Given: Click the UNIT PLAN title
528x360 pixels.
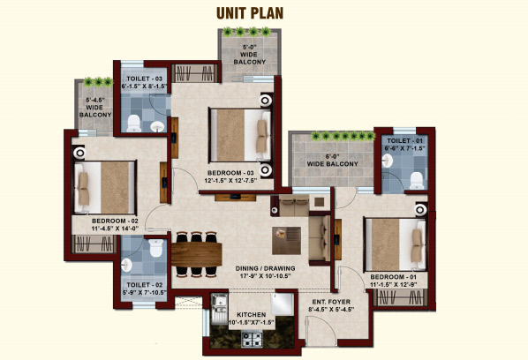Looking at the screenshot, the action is pyautogui.click(x=250, y=12).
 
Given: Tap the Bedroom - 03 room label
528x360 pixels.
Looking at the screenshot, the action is pyautogui.click(x=230, y=176).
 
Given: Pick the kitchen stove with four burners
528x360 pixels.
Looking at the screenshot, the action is pyautogui.click(x=252, y=339).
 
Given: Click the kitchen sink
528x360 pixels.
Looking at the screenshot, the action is pyautogui.click(x=219, y=309).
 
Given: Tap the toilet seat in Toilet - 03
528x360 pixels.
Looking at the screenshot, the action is pyautogui.click(x=134, y=124).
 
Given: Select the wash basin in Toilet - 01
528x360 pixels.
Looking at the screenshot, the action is pyautogui.click(x=388, y=161).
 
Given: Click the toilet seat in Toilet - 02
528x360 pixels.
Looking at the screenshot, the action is pyautogui.click(x=156, y=248).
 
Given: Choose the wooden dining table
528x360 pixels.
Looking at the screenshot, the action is pyautogui.click(x=196, y=254).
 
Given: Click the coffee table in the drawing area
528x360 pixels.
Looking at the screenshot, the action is pyautogui.click(x=287, y=240).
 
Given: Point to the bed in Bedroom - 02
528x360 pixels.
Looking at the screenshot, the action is pyautogui.click(x=105, y=187).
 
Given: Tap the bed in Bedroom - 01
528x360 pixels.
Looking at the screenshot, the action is pyautogui.click(x=396, y=244).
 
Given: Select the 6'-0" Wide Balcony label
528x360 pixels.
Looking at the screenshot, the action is pyautogui.click(x=332, y=161).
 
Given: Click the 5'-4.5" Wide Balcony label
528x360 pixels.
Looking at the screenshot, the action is pyautogui.click(x=95, y=108).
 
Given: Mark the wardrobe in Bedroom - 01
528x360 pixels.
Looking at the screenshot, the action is pyautogui.click(x=400, y=297).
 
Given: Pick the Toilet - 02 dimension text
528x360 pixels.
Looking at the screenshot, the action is pyautogui.click(x=145, y=293).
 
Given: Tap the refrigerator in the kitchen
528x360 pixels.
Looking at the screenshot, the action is pyautogui.click(x=283, y=304).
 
